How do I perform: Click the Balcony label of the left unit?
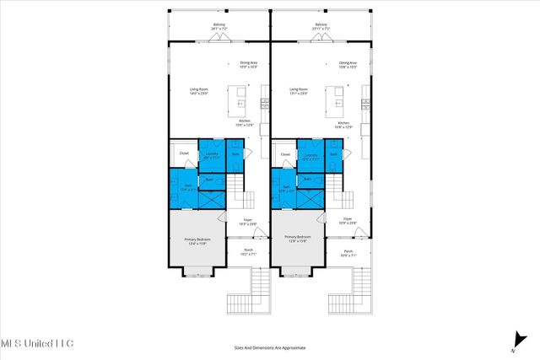point(219,26)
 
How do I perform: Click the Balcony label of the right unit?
point(320,26)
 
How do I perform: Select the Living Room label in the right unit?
point(299,90)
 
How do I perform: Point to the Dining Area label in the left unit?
point(247,64)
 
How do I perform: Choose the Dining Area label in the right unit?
point(348,64)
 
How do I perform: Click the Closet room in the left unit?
point(183,153)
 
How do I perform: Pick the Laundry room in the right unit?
point(310,155)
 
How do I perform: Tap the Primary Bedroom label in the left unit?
point(197,241)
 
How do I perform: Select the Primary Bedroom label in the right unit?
point(298,241)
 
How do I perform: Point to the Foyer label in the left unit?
point(248,222)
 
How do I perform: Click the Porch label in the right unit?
point(348,252)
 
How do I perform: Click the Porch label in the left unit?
point(248,252)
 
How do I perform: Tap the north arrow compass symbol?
point(513,340)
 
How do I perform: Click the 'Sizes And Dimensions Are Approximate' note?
point(270,347)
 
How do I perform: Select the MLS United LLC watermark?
point(37,343)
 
